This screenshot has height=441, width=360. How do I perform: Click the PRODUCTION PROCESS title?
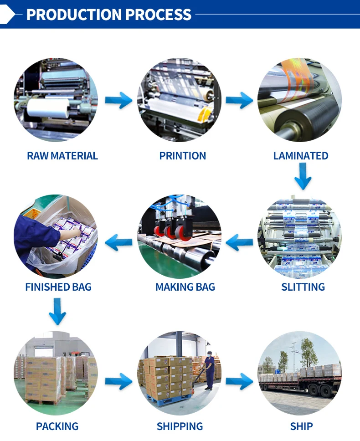[108, 14]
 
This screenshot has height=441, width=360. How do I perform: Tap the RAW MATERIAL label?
[62, 156]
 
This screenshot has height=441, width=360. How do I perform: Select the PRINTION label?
[182, 156]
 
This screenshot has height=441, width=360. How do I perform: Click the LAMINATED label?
[301, 156]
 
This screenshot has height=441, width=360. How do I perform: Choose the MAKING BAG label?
[185, 287]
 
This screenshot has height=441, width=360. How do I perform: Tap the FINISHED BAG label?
[58, 287]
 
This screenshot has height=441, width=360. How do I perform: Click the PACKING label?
[57, 426]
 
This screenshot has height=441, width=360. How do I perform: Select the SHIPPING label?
[180, 426]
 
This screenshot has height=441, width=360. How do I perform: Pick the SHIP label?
[301, 426]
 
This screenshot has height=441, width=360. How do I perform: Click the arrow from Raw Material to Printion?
[118, 100]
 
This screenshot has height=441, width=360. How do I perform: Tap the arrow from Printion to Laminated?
[239, 100]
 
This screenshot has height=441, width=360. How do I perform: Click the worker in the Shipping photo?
[209, 371]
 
